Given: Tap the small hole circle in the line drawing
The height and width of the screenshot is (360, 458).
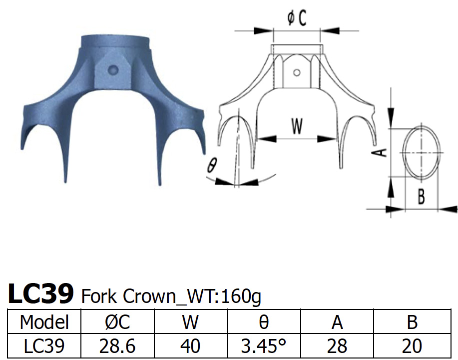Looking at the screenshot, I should point(297,73).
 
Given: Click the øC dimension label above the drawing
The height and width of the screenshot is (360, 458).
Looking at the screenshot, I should point(297,18).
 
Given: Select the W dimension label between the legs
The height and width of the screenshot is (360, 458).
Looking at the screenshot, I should point(297,127).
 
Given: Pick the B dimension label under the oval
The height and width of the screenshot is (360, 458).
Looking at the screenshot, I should point(421,197).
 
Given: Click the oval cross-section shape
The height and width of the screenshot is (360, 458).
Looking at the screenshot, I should point(422,152).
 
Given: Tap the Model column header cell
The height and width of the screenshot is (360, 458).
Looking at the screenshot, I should point(44,322).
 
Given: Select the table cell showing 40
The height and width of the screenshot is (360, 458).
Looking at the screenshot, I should point(190,346).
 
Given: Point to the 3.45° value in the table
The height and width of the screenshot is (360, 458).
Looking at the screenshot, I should point(264,346).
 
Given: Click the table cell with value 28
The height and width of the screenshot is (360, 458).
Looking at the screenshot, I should point(338,346).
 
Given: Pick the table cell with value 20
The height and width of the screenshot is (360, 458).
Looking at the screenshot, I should point(412,346).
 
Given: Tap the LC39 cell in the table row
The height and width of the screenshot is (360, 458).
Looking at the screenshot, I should point(44,346).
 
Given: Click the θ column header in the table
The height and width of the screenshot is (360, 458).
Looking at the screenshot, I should point(264,322).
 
